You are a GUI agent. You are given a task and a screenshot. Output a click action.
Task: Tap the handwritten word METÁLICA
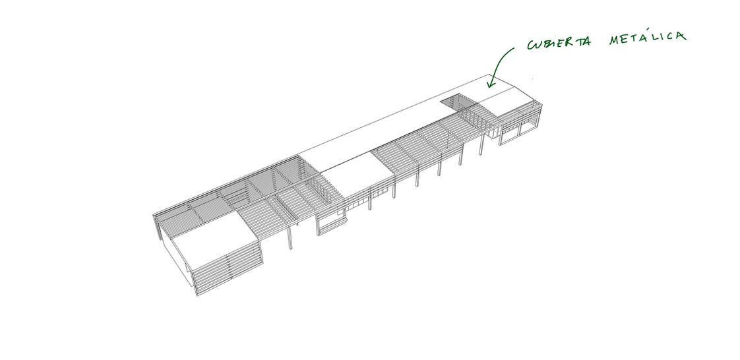point(647,38)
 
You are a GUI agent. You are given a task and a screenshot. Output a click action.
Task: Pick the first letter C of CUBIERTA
point(531,45)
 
